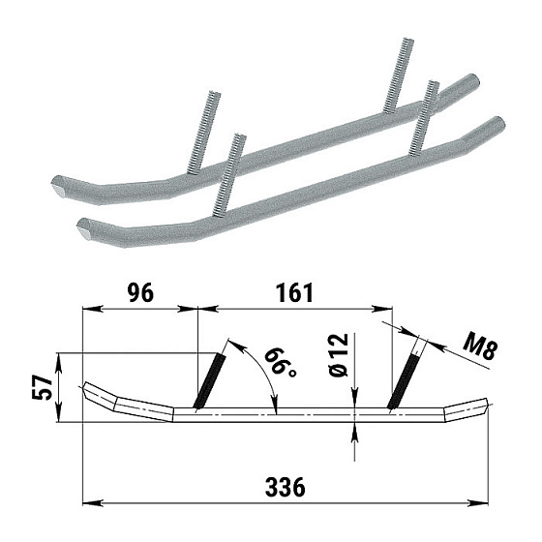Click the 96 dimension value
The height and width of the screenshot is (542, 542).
coord(140,293)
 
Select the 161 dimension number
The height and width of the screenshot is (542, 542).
coord(295,293)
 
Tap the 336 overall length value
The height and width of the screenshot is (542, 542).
coord(286,487)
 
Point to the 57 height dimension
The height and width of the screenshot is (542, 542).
coord(43,387)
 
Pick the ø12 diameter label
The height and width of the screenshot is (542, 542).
coord(338,355)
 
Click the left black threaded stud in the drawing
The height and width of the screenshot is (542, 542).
coord(209,381)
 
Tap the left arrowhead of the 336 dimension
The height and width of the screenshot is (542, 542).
coord(93,502)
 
